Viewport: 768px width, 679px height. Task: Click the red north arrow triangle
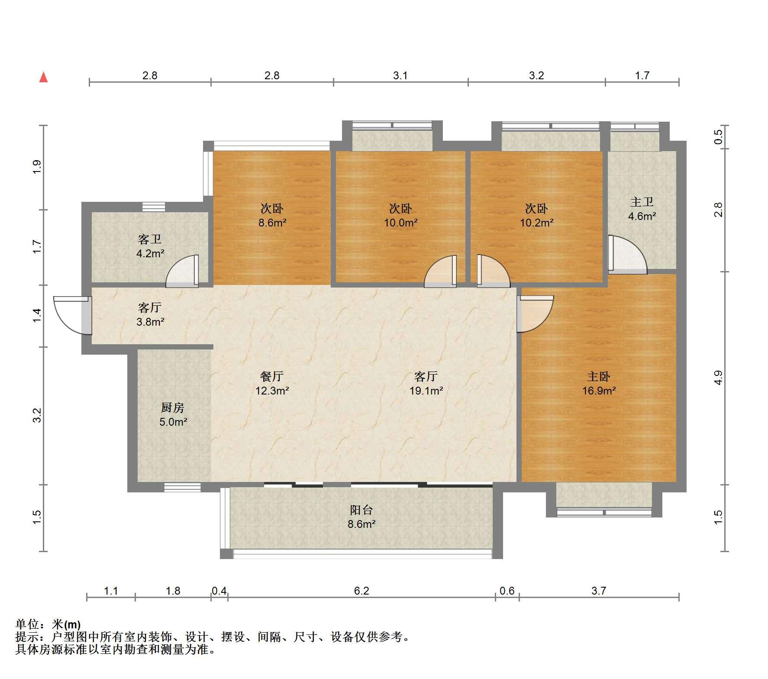[43, 77]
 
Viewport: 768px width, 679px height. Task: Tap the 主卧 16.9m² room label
[599, 383]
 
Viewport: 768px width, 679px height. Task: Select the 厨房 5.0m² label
[173, 414]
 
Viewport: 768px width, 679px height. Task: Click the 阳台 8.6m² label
[361, 517]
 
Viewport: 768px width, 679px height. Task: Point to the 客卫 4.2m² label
[150, 246]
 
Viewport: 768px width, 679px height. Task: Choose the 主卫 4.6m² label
[642, 209]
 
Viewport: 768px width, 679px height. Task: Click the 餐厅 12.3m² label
[272, 383]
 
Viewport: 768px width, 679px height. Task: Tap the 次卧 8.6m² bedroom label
[272, 216]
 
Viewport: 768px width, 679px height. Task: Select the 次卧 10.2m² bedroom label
[536, 216]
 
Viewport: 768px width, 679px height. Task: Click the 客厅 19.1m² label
[426, 383]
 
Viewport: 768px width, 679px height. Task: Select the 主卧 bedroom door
[535, 314]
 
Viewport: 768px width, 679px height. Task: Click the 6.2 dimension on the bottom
[361, 591]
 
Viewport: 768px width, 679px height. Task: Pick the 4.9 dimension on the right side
[718, 378]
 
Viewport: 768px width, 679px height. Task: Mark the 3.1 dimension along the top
[400, 76]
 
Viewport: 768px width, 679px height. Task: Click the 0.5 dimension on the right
[718, 137]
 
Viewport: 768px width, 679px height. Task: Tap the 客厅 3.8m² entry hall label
[150, 314]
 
